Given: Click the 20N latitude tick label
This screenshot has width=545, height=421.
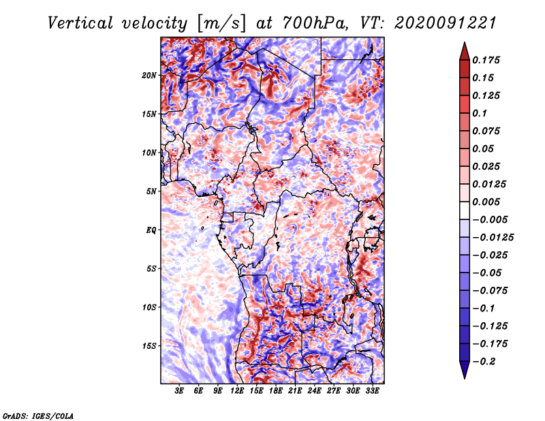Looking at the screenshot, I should [x=149, y=75].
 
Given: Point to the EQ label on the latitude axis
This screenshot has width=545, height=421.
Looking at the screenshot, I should [x=151, y=230].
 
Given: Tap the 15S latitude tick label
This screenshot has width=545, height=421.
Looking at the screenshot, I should [x=149, y=346].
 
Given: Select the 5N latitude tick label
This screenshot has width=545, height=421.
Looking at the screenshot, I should [x=151, y=191].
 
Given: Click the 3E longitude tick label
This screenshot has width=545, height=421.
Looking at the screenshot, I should [x=179, y=392].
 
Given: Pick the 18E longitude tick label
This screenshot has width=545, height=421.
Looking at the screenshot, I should [x=276, y=392].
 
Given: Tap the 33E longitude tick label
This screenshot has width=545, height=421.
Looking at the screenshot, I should [x=373, y=392].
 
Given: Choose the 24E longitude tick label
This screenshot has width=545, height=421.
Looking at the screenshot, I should [x=315, y=392].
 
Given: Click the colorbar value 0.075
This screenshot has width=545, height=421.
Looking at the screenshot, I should [x=488, y=131].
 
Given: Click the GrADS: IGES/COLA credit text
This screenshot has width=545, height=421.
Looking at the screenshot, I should [x=38, y=414].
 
